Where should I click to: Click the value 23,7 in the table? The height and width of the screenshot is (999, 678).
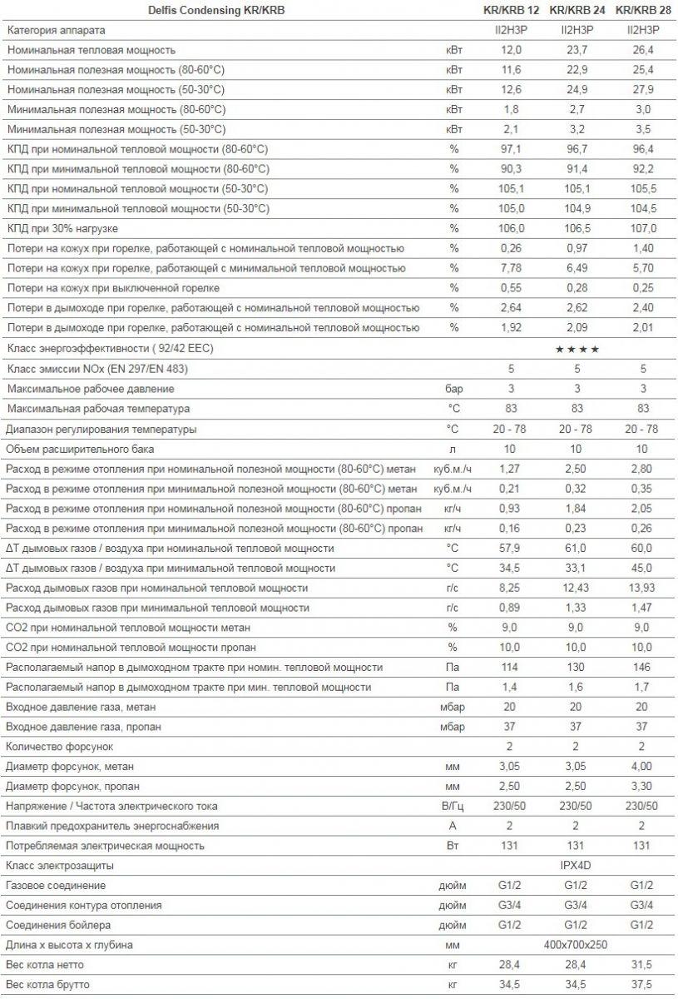[575, 50]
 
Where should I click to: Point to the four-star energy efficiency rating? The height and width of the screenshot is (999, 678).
[577, 349]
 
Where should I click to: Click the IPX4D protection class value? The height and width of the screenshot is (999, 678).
[576, 866]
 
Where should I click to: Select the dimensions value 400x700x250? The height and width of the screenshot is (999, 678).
[576, 946]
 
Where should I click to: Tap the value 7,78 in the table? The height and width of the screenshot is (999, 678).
[510, 268]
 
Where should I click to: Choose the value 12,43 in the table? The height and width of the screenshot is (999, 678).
[575, 588]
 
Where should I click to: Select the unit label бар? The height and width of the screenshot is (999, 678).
[453, 389]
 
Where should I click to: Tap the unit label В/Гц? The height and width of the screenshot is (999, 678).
[453, 807]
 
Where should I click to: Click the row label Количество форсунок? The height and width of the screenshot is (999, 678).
[58, 747]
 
